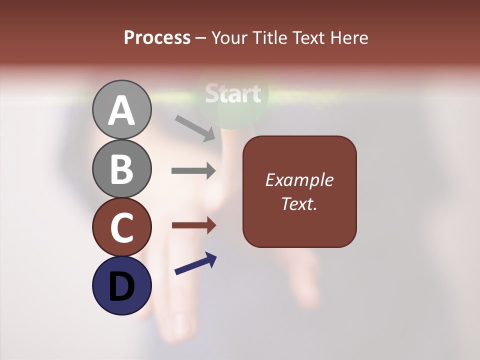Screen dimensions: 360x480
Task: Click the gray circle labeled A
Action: click(122, 109)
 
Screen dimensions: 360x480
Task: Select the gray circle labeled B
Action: click(122, 168)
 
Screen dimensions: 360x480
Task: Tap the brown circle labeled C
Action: click(122, 227)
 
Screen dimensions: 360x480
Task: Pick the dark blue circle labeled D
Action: click(122, 285)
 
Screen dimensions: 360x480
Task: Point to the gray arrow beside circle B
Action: click(194, 171)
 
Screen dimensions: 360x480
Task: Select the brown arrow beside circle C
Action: click(194, 225)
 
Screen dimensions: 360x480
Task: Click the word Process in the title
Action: click(157, 38)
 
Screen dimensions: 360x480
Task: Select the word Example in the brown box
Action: click(299, 180)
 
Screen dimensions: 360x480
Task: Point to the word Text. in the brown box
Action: click(299, 203)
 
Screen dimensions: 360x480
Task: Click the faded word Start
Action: click(233, 93)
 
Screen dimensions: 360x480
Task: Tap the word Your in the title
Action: click(230, 38)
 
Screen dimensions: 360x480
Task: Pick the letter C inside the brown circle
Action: click(122, 227)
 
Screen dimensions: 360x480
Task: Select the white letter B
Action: click(122, 169)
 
